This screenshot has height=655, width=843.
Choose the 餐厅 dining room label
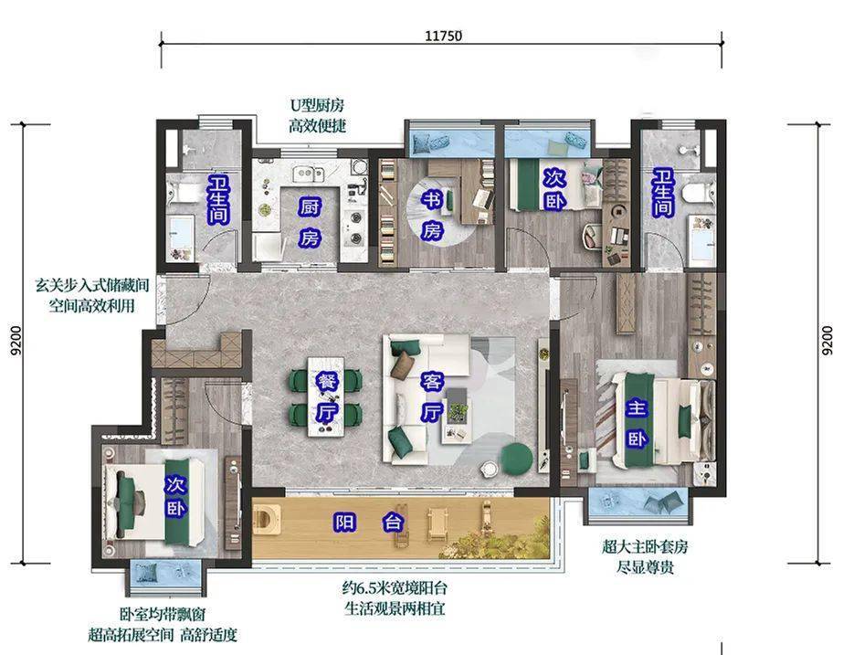click(326, 399)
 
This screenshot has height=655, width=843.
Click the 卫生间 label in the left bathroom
click(218, 199)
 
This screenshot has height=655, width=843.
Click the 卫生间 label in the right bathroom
click(662, 194)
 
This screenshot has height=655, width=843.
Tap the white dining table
click(326, 399)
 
